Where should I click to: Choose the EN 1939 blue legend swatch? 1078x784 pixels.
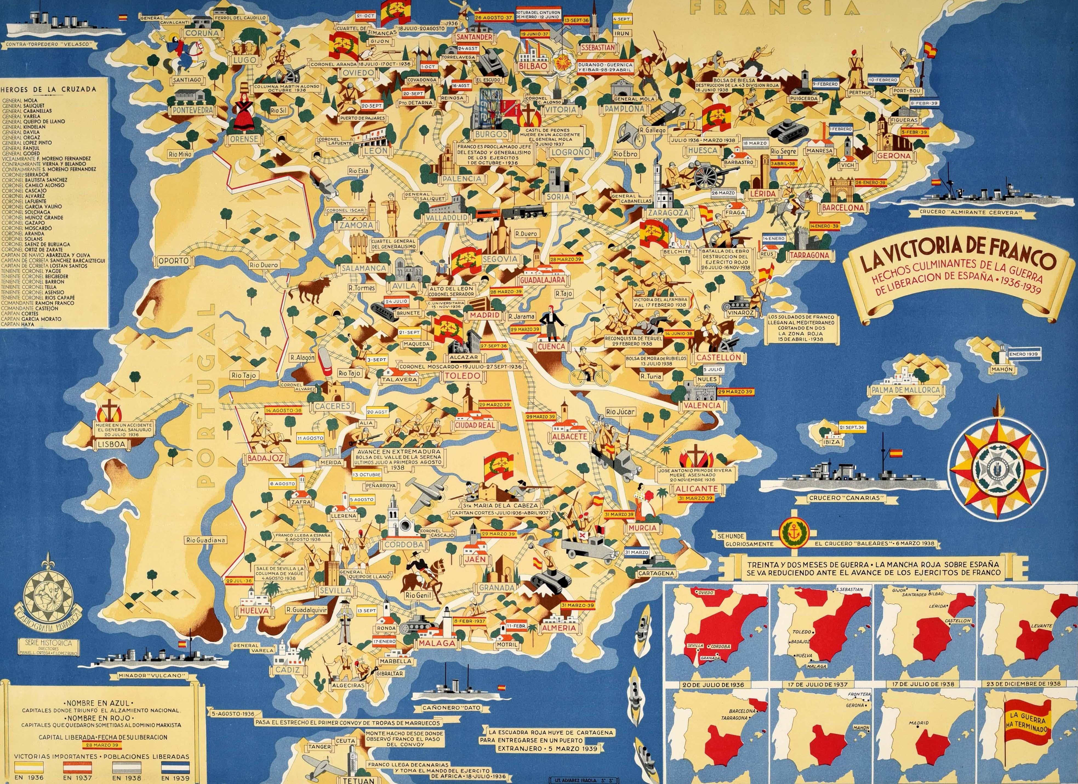point(175,766)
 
